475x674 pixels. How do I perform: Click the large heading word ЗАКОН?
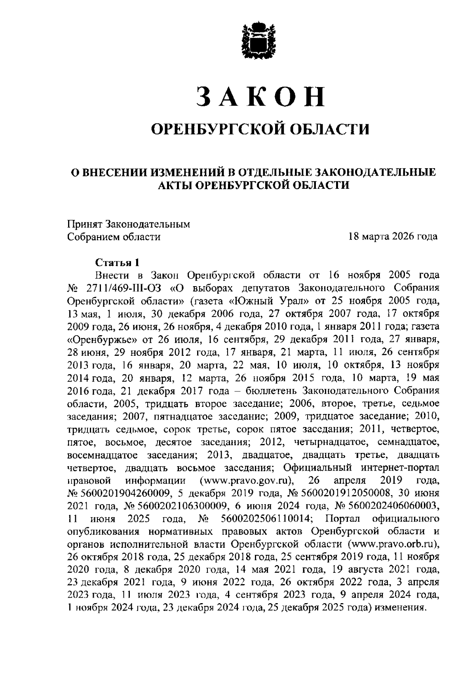coord(261,96)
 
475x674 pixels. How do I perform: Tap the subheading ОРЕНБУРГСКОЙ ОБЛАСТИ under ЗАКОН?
coord(261,129)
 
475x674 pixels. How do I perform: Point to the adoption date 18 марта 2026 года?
coord(393,237)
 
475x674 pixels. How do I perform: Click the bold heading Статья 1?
coord(118,262)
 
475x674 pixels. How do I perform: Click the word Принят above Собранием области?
coord(84,224)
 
